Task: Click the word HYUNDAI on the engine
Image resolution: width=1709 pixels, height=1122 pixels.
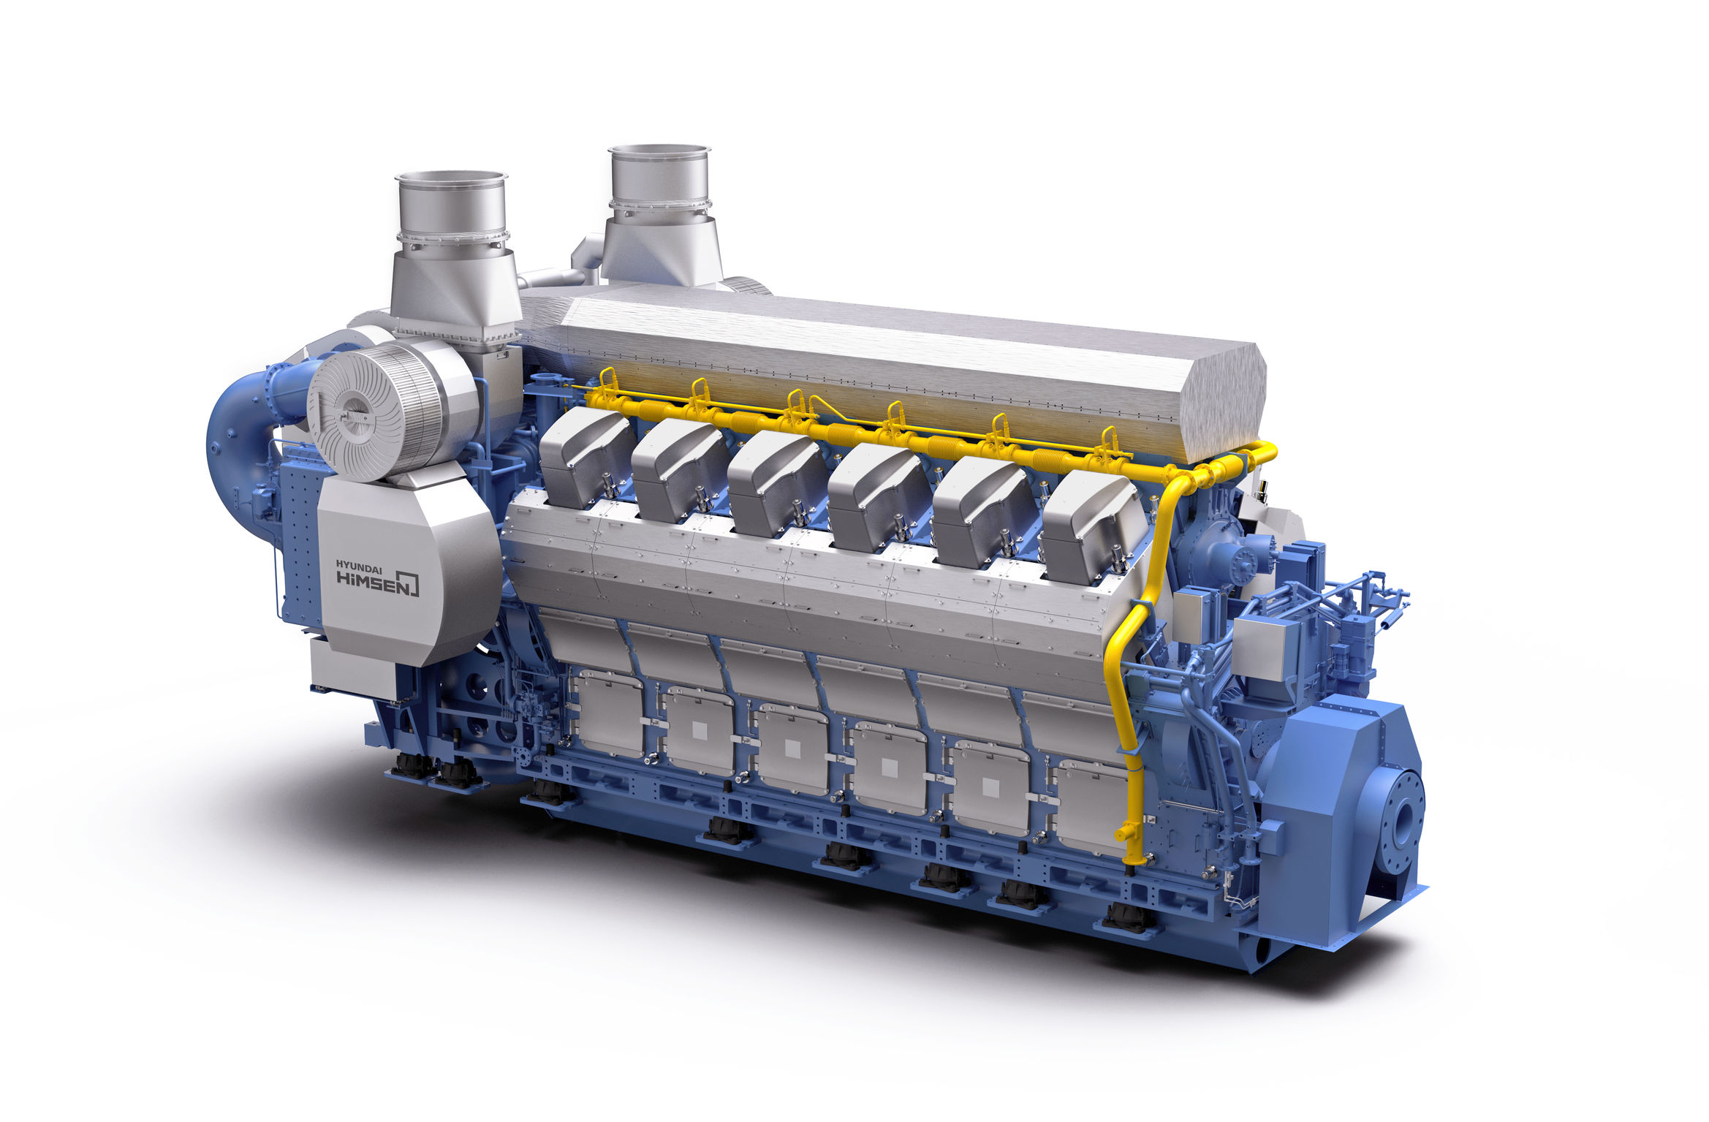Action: [359, 564]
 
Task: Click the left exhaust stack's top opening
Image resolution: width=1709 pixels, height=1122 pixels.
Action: [451, 178]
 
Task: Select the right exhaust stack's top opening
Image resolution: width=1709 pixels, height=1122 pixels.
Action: [659, 151]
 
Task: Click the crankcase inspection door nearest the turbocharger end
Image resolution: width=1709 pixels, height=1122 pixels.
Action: [610, 713]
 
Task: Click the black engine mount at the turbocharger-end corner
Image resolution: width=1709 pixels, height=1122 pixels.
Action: [414, 765]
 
